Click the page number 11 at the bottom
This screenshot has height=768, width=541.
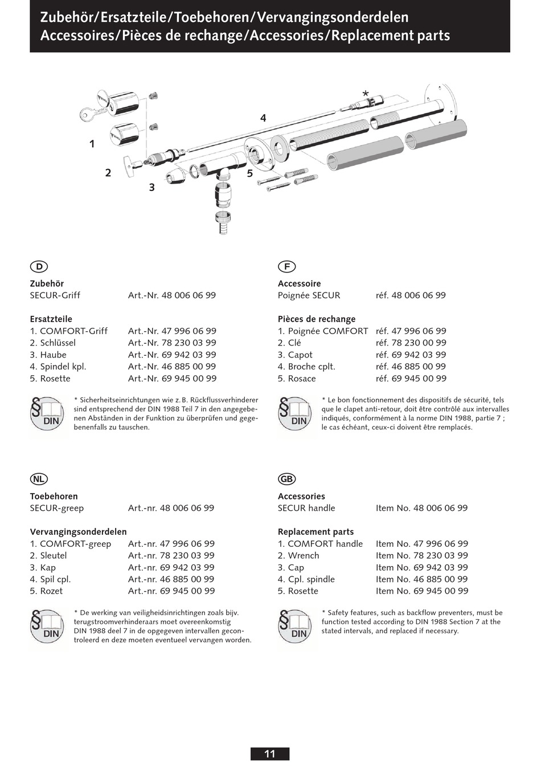click(x=270, y=754)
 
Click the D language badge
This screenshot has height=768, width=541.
click(x=39, y=266)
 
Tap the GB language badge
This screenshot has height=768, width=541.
click(x=286, y=479)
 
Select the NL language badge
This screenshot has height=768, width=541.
click(x=39, y=479)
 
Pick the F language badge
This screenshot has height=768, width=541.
click(x=286, y=266)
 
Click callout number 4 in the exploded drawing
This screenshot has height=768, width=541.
click(x=263, y=118)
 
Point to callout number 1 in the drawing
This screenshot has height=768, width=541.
click(x=92, y=144)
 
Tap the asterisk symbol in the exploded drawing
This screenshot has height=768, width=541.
click(x=366, y=94)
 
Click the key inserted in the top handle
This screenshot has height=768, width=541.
click(x=89, y=115)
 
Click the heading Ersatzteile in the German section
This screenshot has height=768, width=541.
click(x=51, y=319)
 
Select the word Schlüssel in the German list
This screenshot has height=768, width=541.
click(x=58, y=343)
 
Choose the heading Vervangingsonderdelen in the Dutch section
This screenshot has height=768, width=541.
click(x=79, y=532)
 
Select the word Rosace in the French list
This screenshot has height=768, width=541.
click(x=302, y=379)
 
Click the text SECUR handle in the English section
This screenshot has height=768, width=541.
click(x=306, y=508)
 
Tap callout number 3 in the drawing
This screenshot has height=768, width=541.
click(x=151, y=187)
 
